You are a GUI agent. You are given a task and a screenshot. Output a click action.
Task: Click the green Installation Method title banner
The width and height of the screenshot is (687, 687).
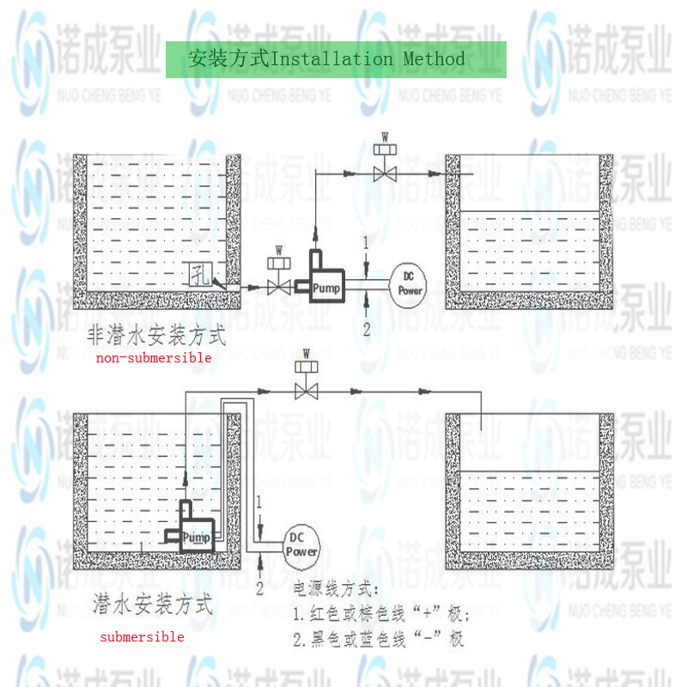tap(336, 59)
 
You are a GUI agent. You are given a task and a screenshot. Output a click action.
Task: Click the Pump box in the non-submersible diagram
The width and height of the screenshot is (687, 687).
tap(326, 288)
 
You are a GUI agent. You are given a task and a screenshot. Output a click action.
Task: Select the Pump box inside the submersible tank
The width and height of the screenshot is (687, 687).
tap(196, 538)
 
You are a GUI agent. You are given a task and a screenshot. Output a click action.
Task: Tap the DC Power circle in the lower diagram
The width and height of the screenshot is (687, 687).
tap(301, 545)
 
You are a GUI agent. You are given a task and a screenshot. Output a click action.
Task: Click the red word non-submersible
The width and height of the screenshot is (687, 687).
tap(154, 358)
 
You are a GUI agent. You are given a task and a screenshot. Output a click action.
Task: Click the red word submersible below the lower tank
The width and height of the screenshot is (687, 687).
tap(142, 637)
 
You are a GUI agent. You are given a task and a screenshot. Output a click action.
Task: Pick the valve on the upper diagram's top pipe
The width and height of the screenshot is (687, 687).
tap(385, 174)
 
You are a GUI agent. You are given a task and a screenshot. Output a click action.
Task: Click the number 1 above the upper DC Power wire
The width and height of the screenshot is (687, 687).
tap(366, 244)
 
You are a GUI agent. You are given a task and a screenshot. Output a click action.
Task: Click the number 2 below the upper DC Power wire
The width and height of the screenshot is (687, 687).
tap(366, 329)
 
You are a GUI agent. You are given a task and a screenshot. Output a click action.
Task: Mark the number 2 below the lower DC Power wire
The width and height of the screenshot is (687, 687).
tap(258, 588)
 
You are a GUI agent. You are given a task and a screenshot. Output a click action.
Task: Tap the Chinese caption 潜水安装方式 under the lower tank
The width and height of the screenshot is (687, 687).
tap(152, 605)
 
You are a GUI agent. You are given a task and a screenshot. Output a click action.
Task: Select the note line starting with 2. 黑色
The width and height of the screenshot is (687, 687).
tap(379, 640)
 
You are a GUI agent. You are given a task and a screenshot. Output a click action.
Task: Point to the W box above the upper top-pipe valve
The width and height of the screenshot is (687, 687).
tap(385, 150)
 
